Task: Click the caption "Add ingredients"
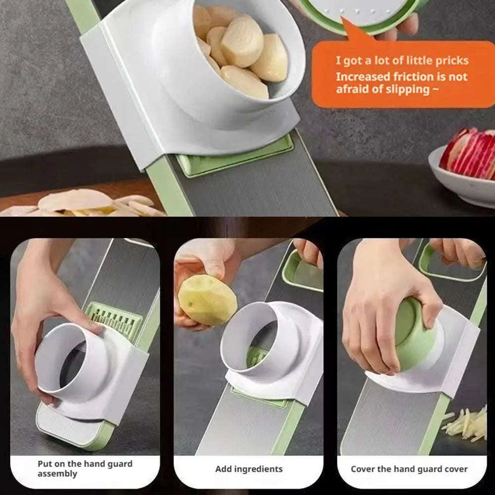[248, 469]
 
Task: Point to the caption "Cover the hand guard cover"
[409, 469]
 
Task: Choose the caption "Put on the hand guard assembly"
[85, 469]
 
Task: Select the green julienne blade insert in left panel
[114, 319]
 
